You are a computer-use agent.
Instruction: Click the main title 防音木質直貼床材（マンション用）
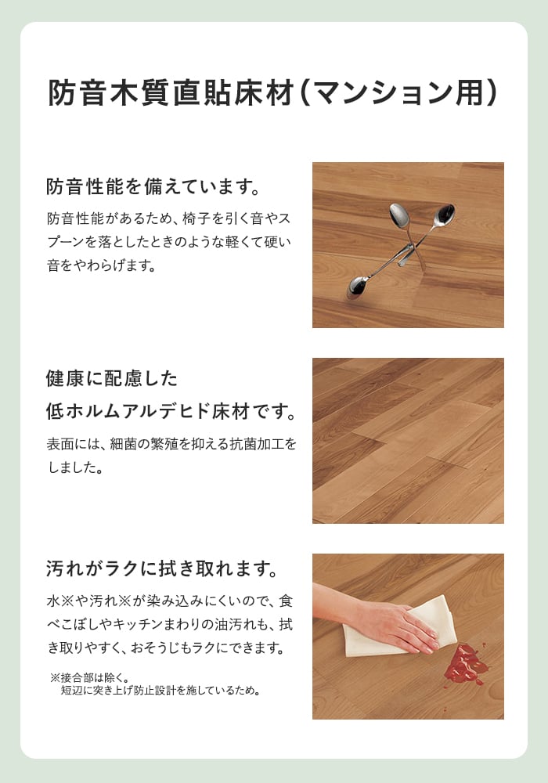(x=272, y=92)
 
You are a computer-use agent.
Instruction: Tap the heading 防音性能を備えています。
(x=153, y=187)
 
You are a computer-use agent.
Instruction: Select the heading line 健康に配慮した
(x=112, y=378)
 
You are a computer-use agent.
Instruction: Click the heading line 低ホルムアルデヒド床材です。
(x=171, y=412)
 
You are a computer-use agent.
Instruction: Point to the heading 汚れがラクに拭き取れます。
(x=162, y=568)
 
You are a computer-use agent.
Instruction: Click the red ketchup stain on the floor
(x=466, y=664)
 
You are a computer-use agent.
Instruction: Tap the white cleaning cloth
(x=399, y=626)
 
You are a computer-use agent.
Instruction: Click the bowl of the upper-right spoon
(x=444, y=214)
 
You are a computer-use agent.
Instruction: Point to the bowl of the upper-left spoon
(x=399, y=215)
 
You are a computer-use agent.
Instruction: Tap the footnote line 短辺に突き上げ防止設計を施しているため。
(x=160, y=691)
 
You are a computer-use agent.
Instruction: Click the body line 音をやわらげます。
(x=102, y=265)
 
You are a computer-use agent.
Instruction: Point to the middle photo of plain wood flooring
(x=408, y=440)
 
